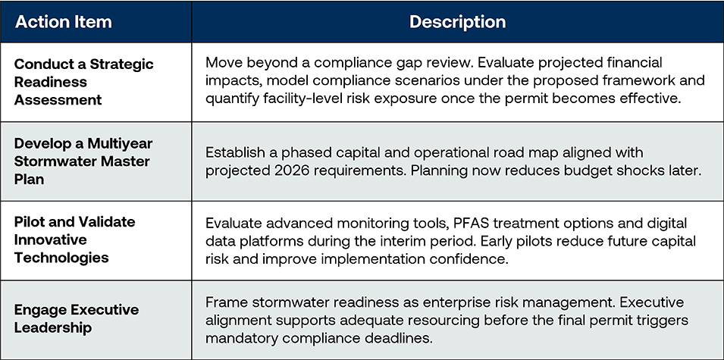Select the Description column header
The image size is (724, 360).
(x=457, y=21)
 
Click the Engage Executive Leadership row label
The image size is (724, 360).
(x=76, y=318)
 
